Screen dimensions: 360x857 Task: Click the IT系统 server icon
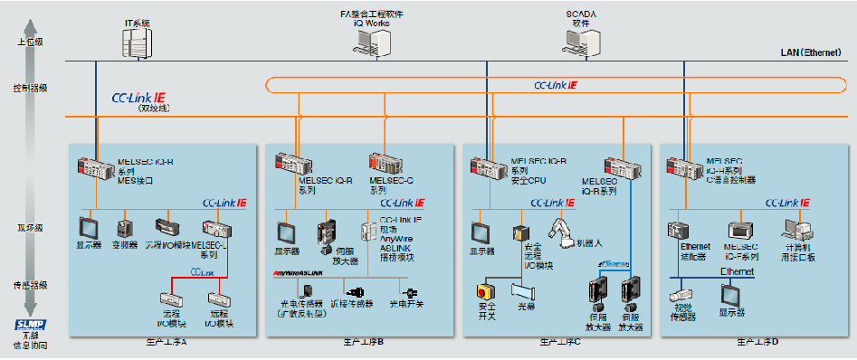(x=136, y=41)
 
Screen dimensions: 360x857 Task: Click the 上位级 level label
(x=29, y=43)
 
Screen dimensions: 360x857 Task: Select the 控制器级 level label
(x=29, y=88)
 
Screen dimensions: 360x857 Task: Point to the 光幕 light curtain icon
(x=525, y=290)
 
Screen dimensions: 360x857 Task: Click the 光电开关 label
(x=406, y=305)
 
